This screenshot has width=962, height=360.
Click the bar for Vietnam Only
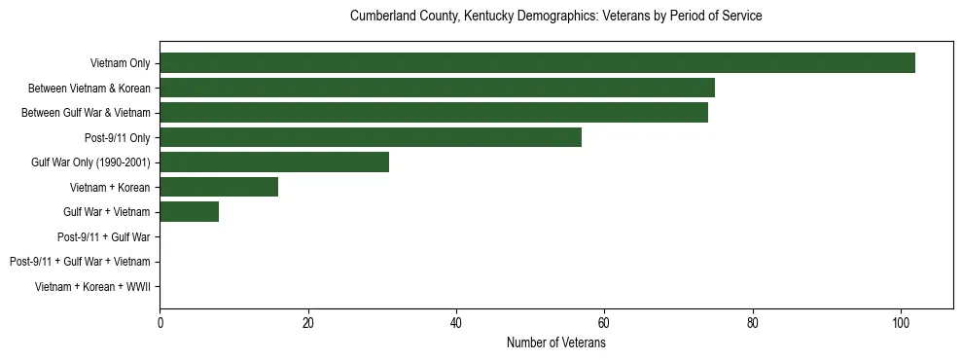coord(537,63)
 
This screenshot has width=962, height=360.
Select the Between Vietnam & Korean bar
coord(437,88)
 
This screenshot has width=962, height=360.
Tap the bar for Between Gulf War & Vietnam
coord(434,113)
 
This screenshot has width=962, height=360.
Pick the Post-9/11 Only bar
coord(371,137)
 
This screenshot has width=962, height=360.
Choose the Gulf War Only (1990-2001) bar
coord(274,162)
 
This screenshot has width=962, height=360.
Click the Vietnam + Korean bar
coord(219,187)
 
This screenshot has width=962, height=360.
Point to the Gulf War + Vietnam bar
coord(189,212)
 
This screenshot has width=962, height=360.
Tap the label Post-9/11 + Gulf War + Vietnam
coord(80,262)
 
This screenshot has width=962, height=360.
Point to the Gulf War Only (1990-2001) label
coord(90,162)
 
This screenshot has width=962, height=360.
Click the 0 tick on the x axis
coord(160,323)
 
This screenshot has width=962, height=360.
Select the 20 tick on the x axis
coord(307,323)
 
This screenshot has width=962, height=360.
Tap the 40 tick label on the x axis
coord(456,323)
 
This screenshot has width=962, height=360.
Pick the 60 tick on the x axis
coord(604,323)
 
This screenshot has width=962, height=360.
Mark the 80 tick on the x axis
coord(753,323)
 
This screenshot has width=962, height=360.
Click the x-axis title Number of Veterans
coord(556,343)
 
